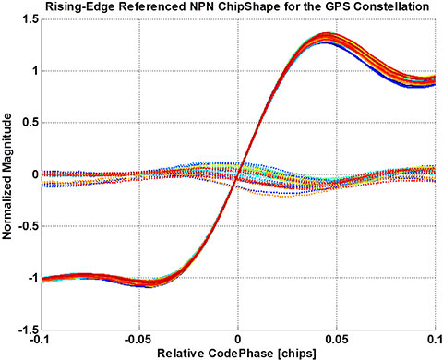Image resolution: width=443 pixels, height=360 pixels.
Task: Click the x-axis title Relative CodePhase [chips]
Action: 238,353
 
